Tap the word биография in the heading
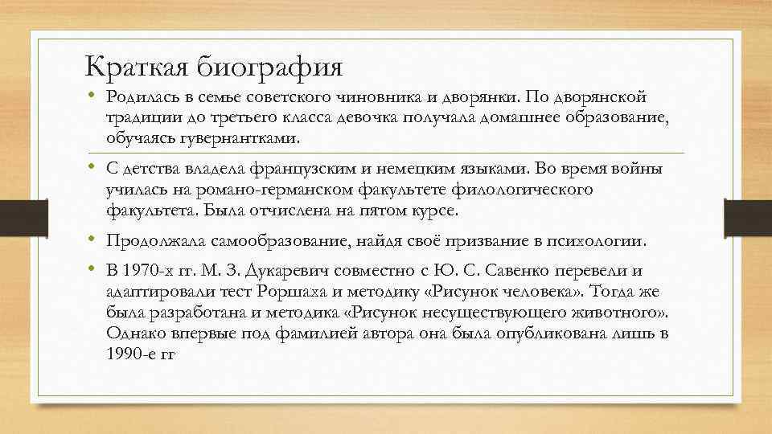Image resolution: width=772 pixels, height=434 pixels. pyautogui.click(x=270, y=64)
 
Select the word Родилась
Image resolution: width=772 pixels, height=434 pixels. pyautogui.click(x=139, y=97)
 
